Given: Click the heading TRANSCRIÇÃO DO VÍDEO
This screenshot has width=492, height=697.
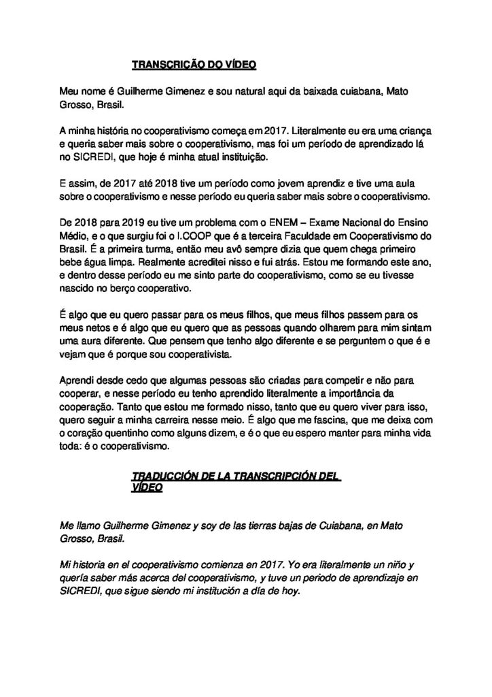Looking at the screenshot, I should pos(193,66).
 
